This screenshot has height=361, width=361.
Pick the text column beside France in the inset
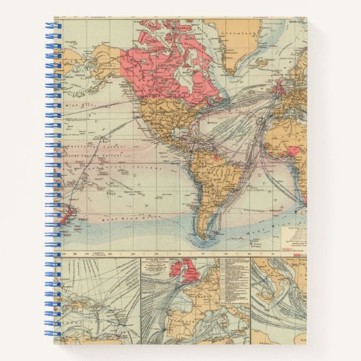coord(225,279)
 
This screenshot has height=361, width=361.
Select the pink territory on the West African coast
coord(293,151)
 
